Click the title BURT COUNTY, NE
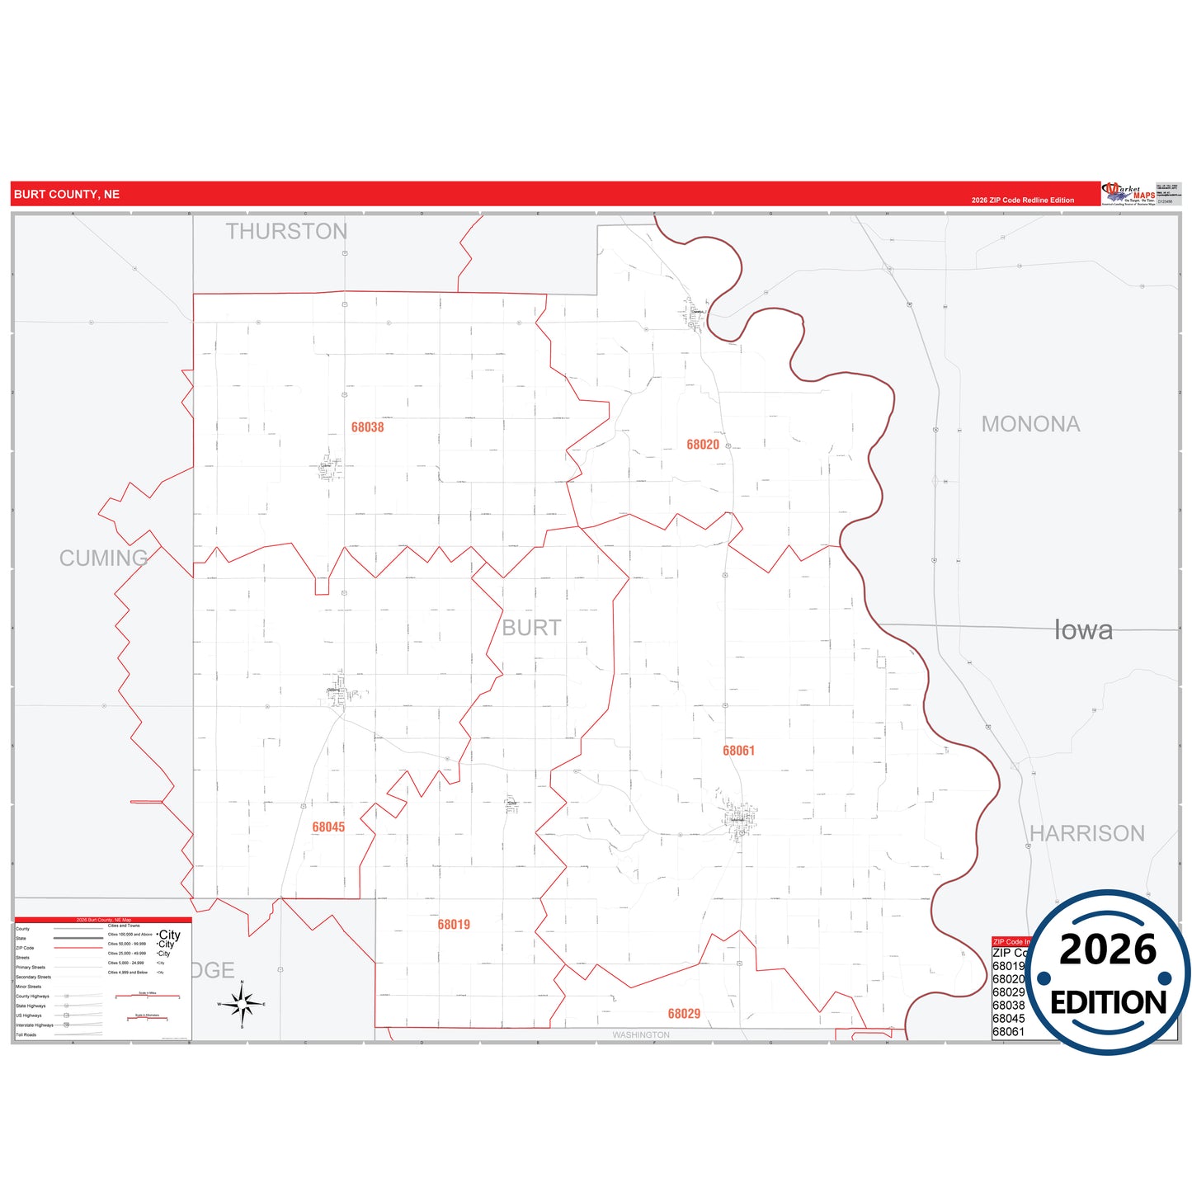tap(67, 195)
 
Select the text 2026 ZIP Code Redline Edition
tap(1022, 200)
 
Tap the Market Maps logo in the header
tap(1128, 194)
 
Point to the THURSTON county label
tap(286, 232)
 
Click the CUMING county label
tap(103, 558)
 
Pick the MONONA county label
tap(1030, 424)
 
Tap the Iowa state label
tap(1083, 630)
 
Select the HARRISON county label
tap(1086, 833)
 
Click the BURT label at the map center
tap(531, 628)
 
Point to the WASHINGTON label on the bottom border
tap(641, 1035)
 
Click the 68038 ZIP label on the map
tap(367, 427)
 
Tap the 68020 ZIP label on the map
tap(703, 445)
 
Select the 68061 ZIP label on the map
tap(738, 751)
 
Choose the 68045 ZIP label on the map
tap(328, 827)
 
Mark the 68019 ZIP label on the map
tap(454, 925)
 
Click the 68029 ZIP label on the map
tap(684, 1014)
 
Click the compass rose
tap(242, 1004)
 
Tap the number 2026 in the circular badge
tap(1108, 949)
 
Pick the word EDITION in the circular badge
tap(1108, 1002)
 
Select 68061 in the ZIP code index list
tap(1008, 1032)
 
